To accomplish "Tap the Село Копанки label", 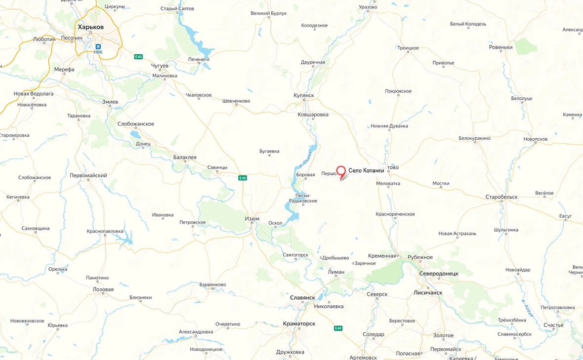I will pos(366,171).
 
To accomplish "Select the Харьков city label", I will pos(90,27).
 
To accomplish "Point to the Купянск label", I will pos(303,95).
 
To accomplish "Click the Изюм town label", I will pos(252,219).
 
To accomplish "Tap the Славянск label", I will pos(302,298).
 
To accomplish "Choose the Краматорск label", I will pos(299,323).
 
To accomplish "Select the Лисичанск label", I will pos(428,292).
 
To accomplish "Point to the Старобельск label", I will pos(501,197).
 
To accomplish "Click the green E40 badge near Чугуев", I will pos(138,57).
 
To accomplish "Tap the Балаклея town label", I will pos(185,158).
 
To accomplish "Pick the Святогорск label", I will pos(295,255).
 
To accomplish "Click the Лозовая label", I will pos(103,289).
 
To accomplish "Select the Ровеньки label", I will pos(501,47).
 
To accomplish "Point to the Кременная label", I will pos(382,256).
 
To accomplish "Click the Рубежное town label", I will pos(420,257).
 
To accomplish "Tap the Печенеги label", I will pos(199,59).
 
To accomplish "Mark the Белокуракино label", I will pos(474,138).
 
